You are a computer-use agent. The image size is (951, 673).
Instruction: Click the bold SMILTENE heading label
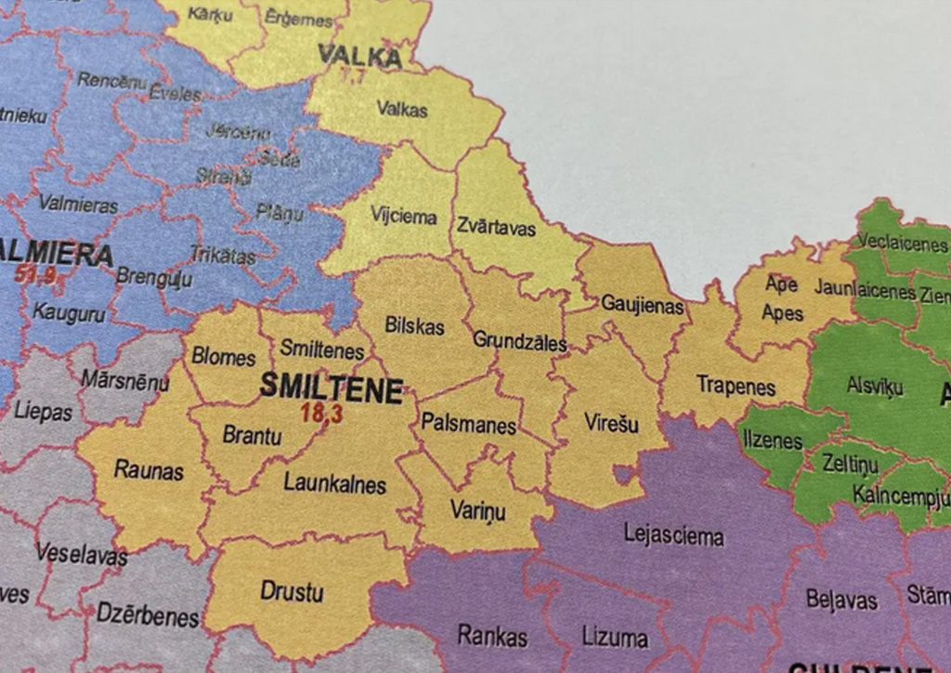coord(331,388)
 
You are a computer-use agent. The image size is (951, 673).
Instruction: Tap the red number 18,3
coord(320,414)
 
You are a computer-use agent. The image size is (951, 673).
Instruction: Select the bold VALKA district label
coord(359,56)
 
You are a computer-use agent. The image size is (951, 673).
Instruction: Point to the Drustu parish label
coord(292,591)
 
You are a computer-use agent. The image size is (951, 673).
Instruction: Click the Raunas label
coord(149,470)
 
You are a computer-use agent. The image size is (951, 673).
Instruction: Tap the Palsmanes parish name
coord(468,425)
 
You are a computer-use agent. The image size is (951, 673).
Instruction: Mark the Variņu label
coord(477,511)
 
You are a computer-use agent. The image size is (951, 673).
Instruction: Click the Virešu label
coord(612,424)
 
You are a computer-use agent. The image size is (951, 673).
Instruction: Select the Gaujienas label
coord(642,304)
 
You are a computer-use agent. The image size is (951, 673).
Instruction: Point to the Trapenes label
coord(736,386)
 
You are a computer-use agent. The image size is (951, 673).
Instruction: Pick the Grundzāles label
coord(519,341)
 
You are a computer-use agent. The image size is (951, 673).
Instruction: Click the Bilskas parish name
coord(414,327)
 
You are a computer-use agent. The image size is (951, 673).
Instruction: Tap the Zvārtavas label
coord(496,227)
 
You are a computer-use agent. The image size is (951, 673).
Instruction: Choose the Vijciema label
coord(404,217)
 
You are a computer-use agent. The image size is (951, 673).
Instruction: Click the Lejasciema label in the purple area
coord(673,536)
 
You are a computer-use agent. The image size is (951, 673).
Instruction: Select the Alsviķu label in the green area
coord(874,385)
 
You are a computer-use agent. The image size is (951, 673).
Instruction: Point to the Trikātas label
coord(223,255)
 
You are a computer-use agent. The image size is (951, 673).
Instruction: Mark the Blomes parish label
coord(223,358)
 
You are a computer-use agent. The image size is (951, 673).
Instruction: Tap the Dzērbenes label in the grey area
coord(148,616)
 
